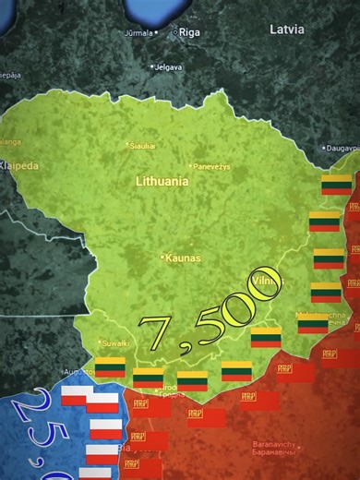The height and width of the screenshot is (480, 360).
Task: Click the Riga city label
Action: (189, 32)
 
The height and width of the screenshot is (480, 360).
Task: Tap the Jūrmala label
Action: (139, 32)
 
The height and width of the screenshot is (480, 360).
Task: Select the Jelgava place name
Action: (169, 66)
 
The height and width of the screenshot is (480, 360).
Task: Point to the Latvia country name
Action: (286, 29)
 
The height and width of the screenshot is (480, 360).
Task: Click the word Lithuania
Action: (162, 182)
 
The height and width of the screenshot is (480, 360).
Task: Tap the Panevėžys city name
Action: (212, 167)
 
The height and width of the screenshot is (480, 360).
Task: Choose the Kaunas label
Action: (182, 258)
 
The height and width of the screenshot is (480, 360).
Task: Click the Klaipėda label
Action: (18, 166)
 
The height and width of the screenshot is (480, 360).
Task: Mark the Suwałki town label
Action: (115, 343)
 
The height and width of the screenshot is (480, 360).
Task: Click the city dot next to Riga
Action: (175, 32)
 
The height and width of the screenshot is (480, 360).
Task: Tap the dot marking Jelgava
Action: (153, 66)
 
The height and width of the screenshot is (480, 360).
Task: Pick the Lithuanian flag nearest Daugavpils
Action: (334, 185)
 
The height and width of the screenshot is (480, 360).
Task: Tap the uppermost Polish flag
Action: (77, 397)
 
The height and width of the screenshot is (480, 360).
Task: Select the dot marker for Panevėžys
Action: (190, 167)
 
